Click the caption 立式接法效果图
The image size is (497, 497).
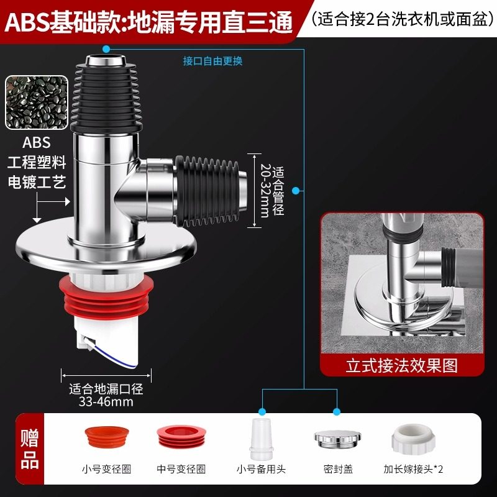tap(401, 365)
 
